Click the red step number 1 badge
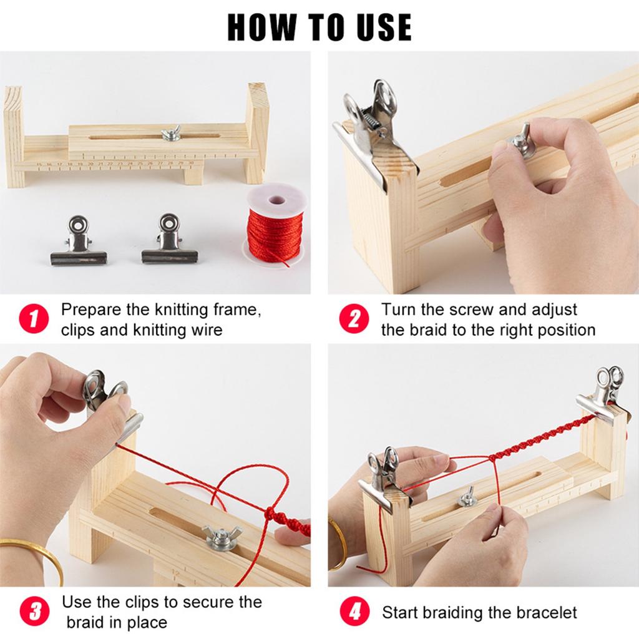tap(34, 318)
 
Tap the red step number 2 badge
tap(354, 318)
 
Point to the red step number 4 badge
tap(354, 612)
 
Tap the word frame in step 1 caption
tap(237, 310)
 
